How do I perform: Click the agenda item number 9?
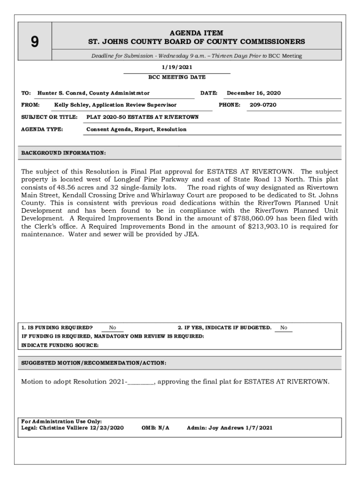point(35,42)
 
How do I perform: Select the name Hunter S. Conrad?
point(62,93)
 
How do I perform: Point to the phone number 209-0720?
point(263,105)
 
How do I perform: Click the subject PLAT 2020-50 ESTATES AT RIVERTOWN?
point(143,117)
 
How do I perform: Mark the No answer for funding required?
point(113,328)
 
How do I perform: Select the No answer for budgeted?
point(284,328)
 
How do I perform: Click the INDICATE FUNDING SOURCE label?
point(60,345)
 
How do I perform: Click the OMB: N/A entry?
point(155,428)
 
